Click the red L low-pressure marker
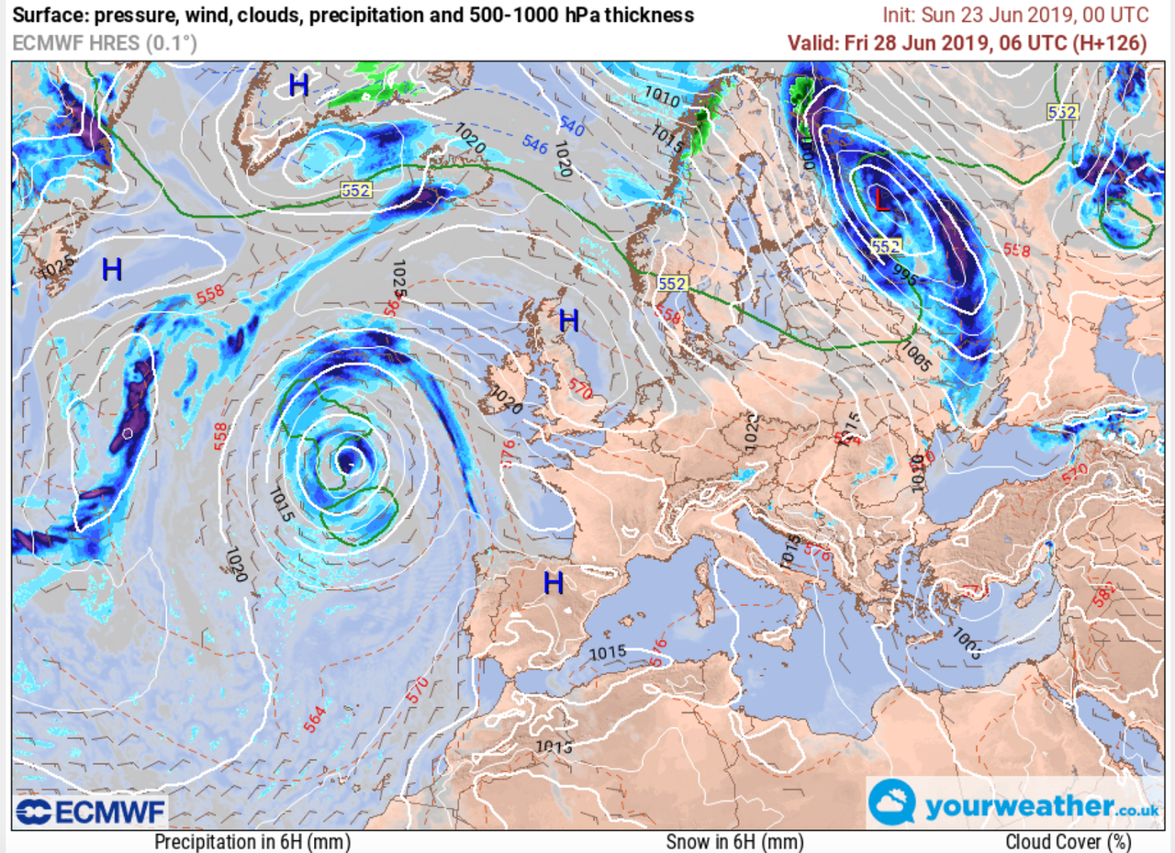tap(882, 199)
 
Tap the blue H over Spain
tap(553, 582)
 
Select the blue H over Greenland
tap(298, 85)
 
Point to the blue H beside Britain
tap(569, 320)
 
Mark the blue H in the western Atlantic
tap(112, 269)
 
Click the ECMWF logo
tap(90, 811)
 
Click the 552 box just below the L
tap(887, 245)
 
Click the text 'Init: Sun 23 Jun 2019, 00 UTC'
tap(1014, 16)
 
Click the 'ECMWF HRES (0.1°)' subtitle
tap(105, 43)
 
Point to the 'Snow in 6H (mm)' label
tap(734, 841)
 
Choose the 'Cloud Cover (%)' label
tap(1068, 841)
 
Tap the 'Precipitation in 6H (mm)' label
tap(252, 841)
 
